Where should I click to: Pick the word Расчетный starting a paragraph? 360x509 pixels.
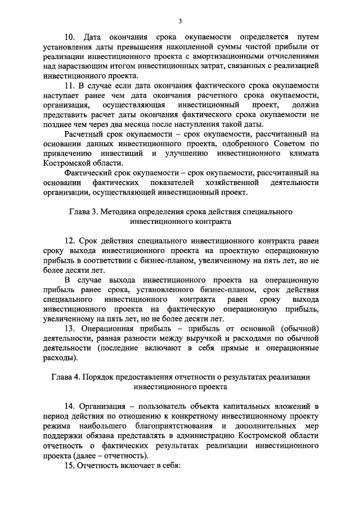point(85,134)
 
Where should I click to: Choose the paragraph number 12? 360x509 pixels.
point(71,241)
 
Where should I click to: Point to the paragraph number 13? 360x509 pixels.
point(71,328)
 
